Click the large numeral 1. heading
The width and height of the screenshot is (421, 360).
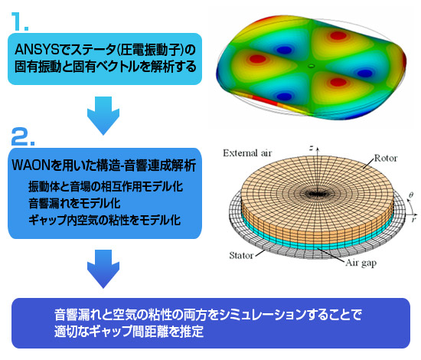click(x=20, y=22)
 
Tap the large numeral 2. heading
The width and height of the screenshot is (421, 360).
click(x=23, y=136)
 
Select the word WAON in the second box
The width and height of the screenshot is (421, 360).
click(x=31, y=165)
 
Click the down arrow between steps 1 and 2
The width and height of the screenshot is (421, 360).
click(x=103, y=116)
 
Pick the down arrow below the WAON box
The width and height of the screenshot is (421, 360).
click(x=103, y=269)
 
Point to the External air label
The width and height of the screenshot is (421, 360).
click(x=247, y=153)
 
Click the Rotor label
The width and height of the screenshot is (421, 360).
click(x=386, y=159)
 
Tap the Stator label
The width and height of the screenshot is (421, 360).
click(x=241, y=255)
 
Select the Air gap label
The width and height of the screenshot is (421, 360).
click(x=361, y=263)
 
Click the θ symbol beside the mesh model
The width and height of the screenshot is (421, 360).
click(x=411, y=195)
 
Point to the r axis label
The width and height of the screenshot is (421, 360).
click(x=414, y=219)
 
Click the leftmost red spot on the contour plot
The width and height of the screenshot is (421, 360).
click(x=257, y=59)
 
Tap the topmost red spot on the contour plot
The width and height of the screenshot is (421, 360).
click(x=338, y=35)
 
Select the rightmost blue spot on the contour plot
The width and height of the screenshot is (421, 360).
click(x=364, y=73)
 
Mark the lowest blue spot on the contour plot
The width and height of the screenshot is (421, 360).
click(x=284, y=96)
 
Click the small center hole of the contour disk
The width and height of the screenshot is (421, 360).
click(x=312, y=65)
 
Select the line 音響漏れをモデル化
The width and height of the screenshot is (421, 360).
click(x=74, y=204)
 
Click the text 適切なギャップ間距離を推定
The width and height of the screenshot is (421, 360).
click(x=129, y=331)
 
